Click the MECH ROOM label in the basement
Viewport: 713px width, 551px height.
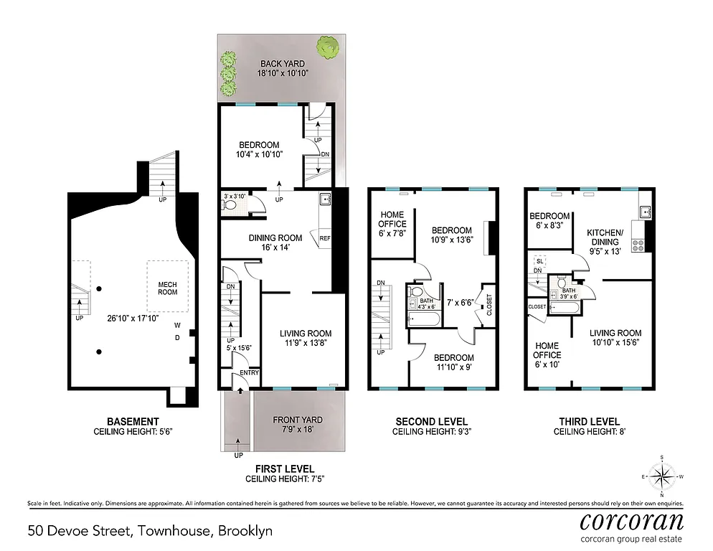click(167, 288)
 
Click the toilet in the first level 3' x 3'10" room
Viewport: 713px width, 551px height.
click(230, 204)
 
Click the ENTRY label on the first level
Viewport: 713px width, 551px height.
click(249, 372)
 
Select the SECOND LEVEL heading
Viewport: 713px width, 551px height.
click(432, 422)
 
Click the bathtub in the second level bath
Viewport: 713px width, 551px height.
click(419, 319)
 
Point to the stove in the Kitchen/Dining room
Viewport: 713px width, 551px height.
click(638, 245)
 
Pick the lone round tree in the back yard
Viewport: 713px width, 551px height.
click(329, 47)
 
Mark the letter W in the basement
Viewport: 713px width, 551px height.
click(176, 325)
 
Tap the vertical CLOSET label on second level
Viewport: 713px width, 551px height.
click(489, 305)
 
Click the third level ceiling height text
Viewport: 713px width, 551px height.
click(586, 433)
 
